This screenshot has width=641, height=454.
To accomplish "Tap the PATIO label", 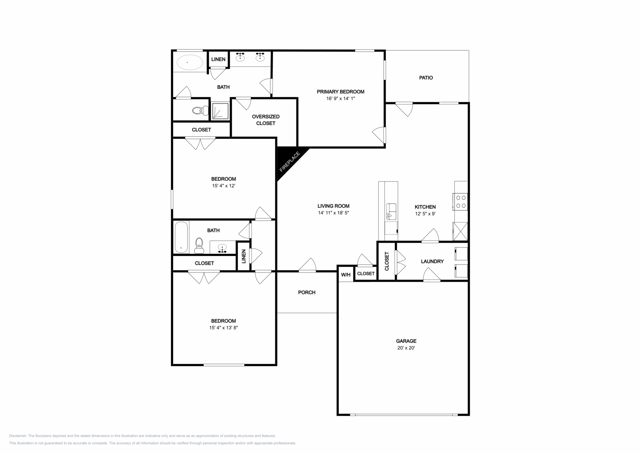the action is click(426, 78).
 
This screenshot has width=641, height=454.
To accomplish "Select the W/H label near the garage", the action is click(346, 275).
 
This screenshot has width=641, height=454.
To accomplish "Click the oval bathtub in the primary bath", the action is click(189, 62).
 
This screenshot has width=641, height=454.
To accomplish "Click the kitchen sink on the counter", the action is click(391, 211).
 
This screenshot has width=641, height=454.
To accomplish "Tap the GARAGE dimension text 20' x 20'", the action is click(406, 348).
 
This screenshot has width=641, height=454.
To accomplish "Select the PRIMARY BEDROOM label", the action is click(341, 92).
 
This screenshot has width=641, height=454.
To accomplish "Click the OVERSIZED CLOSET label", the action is click(266, 120).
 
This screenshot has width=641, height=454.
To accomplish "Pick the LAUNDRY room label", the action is click(432, 261).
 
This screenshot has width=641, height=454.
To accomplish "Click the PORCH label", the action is click(307, 293).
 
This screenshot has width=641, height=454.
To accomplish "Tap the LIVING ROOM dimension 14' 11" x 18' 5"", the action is click(334, 213).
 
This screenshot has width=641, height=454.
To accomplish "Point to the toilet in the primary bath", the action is click(200, 110).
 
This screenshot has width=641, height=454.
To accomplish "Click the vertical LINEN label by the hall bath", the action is click(244, 256).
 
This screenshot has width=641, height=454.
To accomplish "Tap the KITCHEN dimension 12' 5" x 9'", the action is click(425, 214).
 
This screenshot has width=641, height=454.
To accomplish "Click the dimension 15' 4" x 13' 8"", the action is click(224, 328).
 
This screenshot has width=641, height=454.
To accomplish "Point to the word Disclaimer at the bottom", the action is click(18, 436).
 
